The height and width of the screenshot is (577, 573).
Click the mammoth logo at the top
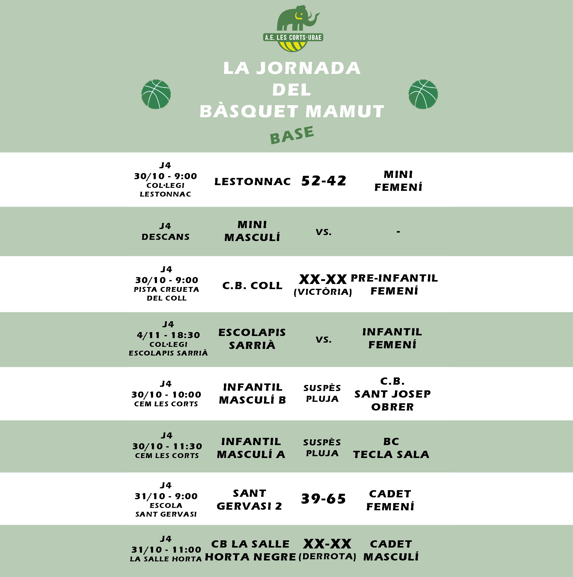click(293, 29)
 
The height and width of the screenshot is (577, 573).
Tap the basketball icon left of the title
click(156, 94)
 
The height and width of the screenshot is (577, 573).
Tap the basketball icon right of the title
click(423, 94)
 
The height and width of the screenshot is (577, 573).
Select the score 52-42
click(324, 181)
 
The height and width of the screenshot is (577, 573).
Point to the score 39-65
click(323, 499)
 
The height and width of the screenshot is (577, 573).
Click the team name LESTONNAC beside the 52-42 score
click(252, 182)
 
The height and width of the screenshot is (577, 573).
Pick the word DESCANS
click(165, 237)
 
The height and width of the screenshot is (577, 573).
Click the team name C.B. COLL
click(252, 285)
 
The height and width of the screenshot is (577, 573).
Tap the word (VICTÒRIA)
click(323, 292)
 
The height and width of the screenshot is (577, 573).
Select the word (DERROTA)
click(327, 557)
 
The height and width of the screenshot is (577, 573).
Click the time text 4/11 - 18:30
click(168, 335)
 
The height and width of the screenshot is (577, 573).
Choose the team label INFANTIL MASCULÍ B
click(252, 393)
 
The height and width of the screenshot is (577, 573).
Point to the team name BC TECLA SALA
click(391, 448)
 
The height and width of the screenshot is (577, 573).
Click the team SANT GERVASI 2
click(249, 499)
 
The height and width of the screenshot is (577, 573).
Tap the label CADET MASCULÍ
click(391, 550)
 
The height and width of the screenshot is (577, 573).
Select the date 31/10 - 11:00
click(166, 550)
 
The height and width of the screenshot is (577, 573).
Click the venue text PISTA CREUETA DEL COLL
click(166, 294)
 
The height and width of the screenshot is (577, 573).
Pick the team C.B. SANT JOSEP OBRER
click(392, 394)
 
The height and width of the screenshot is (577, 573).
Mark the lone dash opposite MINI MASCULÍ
click(398, 231)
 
